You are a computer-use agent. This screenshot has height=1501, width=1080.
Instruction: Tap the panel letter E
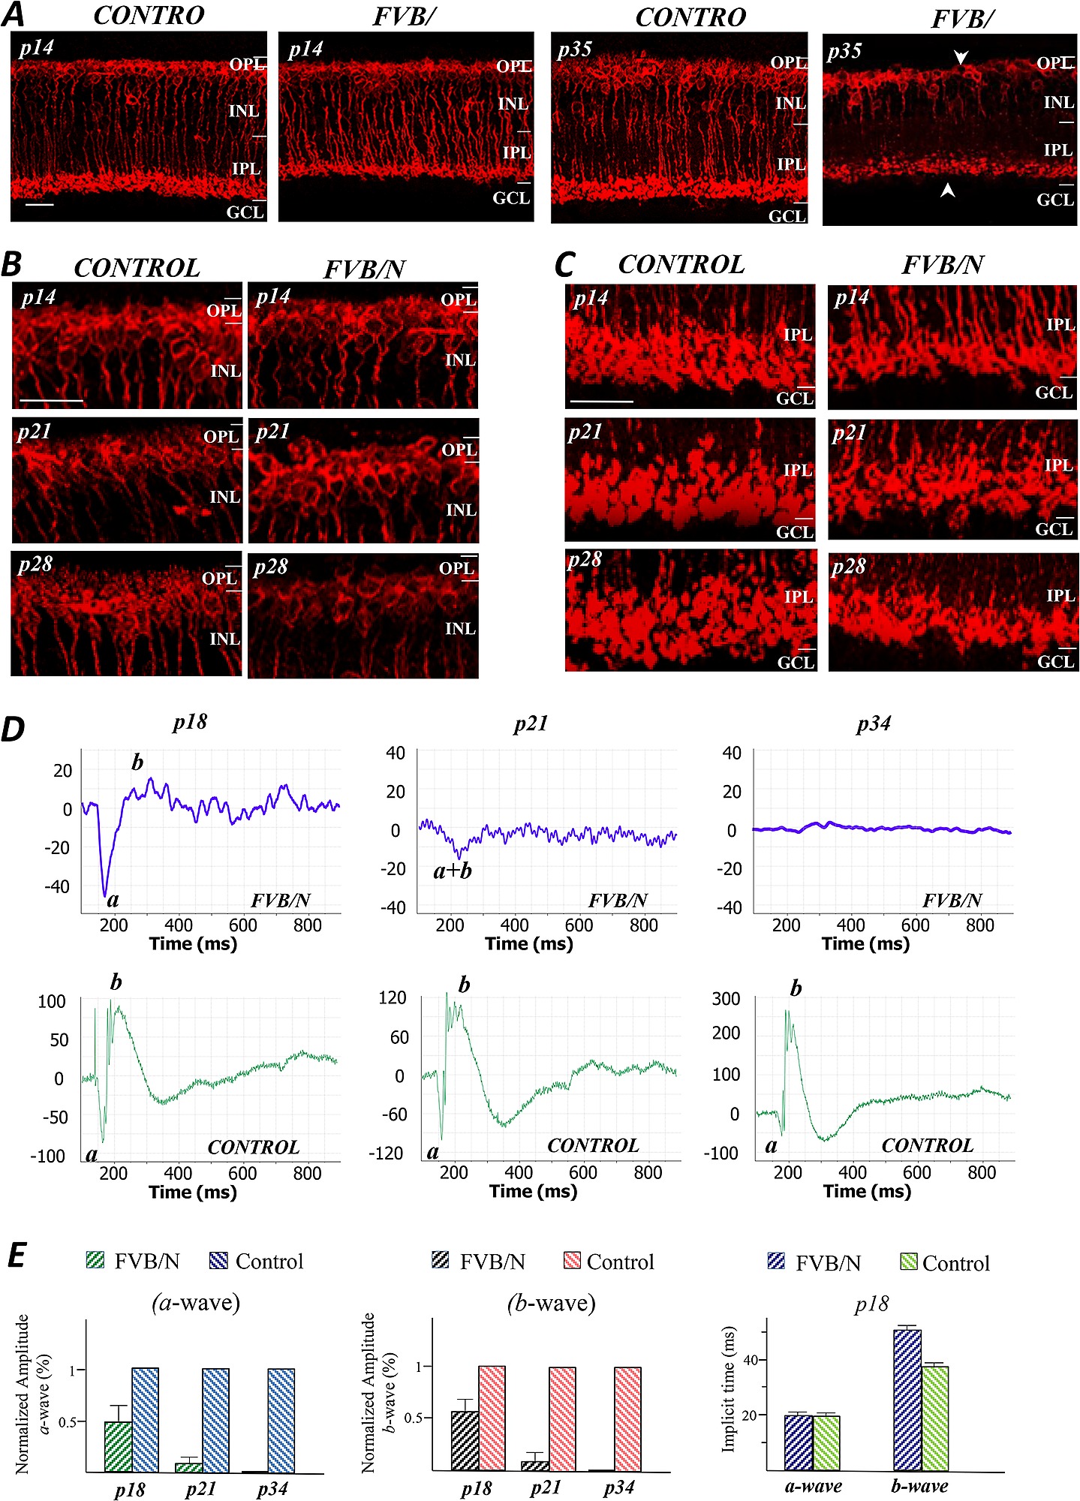point(17,1255)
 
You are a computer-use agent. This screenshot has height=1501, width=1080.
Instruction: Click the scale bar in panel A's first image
point(40,203)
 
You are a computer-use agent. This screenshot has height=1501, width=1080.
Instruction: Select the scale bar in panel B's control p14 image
point(51,401)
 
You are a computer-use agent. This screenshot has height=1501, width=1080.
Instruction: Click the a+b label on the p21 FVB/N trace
point(453,871)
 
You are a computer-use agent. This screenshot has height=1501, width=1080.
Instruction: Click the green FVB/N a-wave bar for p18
point(118,1446)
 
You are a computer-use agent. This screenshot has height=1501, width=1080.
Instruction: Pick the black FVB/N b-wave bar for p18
point(465,1440)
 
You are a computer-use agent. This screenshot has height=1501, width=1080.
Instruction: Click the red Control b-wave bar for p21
point(562,1418)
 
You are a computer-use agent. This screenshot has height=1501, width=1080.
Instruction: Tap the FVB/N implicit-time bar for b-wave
point(907,1400)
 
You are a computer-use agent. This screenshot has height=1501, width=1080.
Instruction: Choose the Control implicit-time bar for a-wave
point(826,1442)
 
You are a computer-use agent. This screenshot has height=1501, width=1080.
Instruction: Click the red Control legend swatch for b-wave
point(572,1260)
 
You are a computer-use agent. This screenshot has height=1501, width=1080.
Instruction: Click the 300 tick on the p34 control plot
point(726,999)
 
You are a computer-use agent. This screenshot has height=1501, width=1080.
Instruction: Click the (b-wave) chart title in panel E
point(552,1303)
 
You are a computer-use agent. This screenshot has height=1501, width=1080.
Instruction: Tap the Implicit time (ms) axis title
point(728,1388)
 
